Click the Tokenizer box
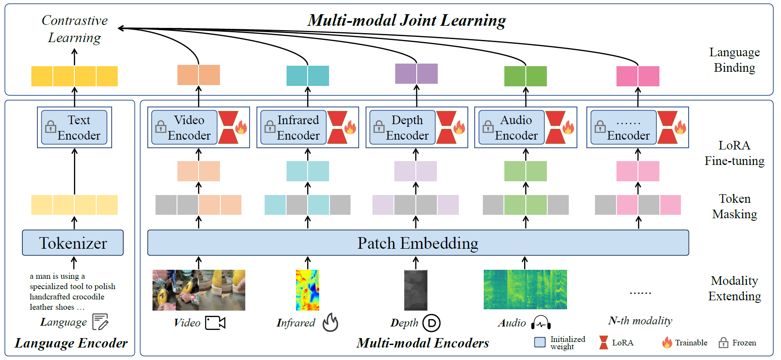(x=73, y=243)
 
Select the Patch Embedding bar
(x=418, y=243)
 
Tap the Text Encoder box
(x=74, y=128)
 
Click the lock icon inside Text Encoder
(x=51, y=127)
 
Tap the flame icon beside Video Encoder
(x=241, y=127)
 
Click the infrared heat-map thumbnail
(x=308, y=290)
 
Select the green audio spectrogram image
(x=525, y=290)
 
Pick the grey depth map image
(x=416, y=290)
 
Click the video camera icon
(x=215, y=323)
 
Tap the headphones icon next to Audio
(x=541, y=323)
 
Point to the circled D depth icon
(x=431, y=323)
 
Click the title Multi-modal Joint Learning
(x=407, y=20)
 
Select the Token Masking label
(x=735, y=206)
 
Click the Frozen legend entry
(x=737, y=342)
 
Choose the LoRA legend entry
(x=616, y=342)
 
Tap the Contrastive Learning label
(x=75, y=29)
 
